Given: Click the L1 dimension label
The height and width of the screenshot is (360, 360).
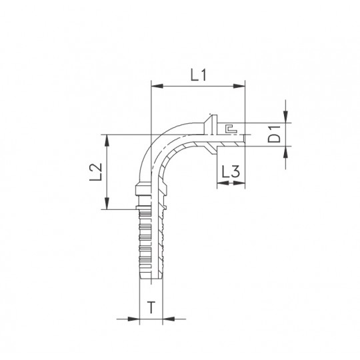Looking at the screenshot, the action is [x=199, y=75].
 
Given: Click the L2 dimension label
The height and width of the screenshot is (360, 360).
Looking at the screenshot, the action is [x=96, y=172].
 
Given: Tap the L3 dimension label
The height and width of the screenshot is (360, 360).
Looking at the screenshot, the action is [x=231, y=172].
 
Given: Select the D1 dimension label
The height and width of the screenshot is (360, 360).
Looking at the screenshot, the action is [x=275, y=134].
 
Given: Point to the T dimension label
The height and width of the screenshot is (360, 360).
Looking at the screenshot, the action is [x=151, y=307].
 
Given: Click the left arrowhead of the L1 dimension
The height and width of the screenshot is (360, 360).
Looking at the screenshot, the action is [x=157, y=86].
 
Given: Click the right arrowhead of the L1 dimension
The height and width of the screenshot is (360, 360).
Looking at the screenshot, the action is [x=239, y=86].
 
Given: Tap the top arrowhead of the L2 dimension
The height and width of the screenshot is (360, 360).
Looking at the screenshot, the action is [x=107, y=141].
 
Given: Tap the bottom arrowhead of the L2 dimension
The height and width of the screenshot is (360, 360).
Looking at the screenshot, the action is [x=107, y=203].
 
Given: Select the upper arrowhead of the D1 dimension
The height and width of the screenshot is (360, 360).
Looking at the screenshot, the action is [x=285, y=117].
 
